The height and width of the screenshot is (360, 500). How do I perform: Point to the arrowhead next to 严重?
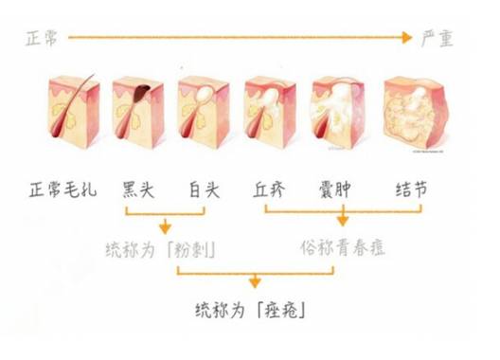click(408, 39)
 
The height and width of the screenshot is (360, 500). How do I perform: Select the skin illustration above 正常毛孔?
click(71, 115)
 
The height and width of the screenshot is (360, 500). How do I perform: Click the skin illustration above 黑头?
click(136, 115)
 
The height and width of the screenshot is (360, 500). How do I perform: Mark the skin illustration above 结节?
click(414, 116)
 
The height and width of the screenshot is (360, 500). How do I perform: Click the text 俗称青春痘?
click(338, 249)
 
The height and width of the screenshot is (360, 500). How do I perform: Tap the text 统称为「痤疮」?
click(251, 311)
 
